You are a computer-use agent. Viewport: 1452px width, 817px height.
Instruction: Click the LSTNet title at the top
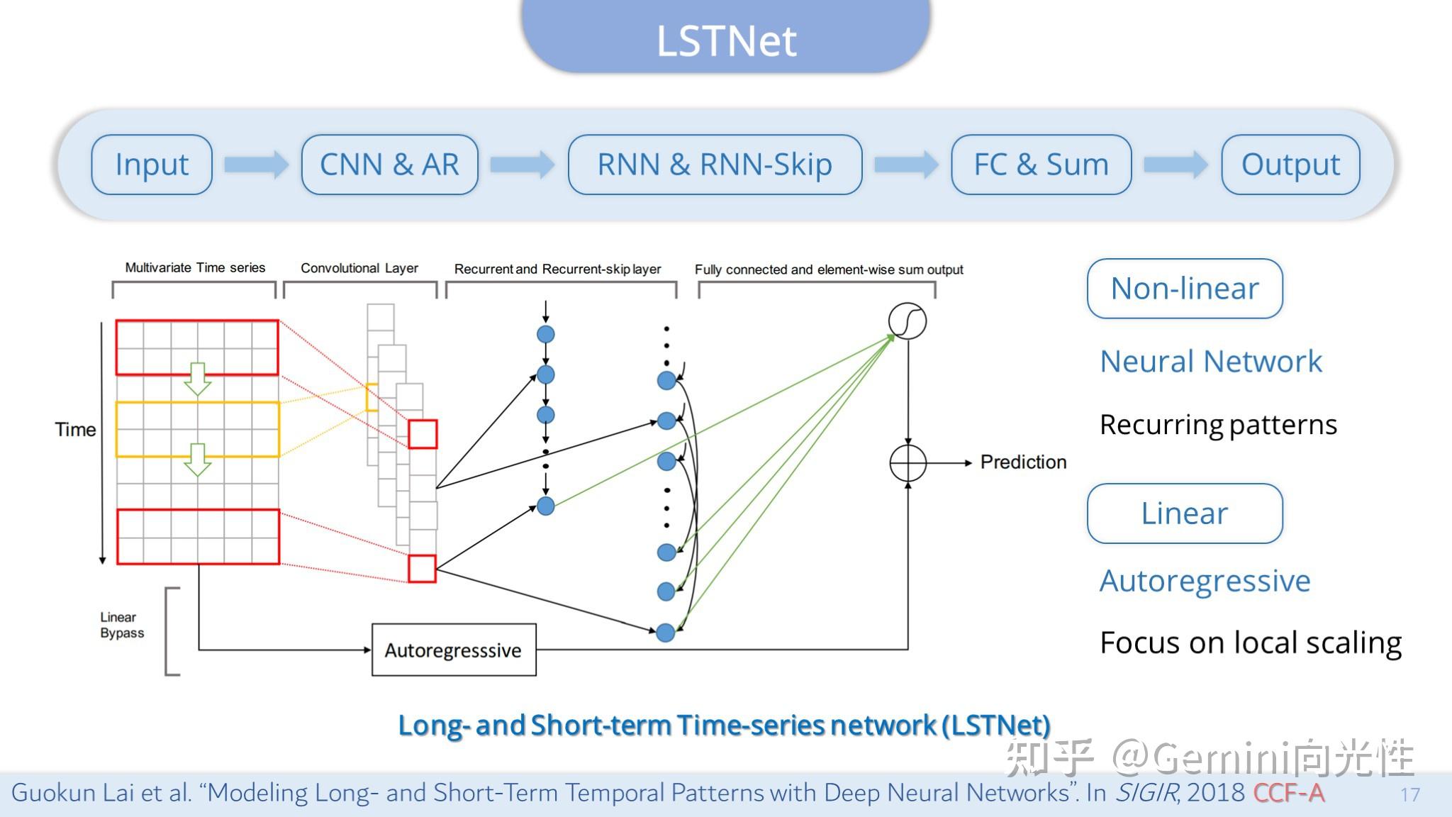tap(726, 40)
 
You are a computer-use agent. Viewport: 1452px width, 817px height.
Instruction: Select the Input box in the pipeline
tap(152, 165)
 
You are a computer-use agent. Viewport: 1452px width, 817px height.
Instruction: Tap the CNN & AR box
tap(389, 165)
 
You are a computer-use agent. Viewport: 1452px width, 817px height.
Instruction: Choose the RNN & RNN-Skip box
tap(715, 165)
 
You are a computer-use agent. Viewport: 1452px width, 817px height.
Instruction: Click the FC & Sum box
tap(1041, 165)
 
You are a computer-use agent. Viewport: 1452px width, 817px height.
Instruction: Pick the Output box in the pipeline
tap(1290, 165)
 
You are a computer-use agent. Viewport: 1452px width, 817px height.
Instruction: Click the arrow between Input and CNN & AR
tap(256, 165)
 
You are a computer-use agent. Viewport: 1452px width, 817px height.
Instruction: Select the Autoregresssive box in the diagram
tap(454, 650)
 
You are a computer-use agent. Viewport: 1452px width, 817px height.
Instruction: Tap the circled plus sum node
tap(907, 463)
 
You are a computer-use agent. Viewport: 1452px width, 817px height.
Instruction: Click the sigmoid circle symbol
tap(907, 321)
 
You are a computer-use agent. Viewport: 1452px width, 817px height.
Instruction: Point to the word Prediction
tap(1023, 462)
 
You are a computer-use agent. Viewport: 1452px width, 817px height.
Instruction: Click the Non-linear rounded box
tap(1185, 289)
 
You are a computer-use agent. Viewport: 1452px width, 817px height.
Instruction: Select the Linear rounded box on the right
tap(1185, 513)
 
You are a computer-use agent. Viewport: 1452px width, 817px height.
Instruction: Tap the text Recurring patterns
tap(1218, 425)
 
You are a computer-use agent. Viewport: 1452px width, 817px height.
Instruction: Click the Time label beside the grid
tap(75, 430)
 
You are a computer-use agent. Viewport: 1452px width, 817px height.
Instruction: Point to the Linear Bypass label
tap(121, 626)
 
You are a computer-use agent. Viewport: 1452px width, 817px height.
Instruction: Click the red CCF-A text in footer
tap(1288, 793)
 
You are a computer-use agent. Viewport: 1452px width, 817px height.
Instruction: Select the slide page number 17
tap(1409, 794)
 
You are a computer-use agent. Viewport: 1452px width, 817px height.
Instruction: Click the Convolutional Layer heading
tap(359, 268)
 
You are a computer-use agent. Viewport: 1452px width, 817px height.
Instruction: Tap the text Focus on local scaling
tap(1251, 643)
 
